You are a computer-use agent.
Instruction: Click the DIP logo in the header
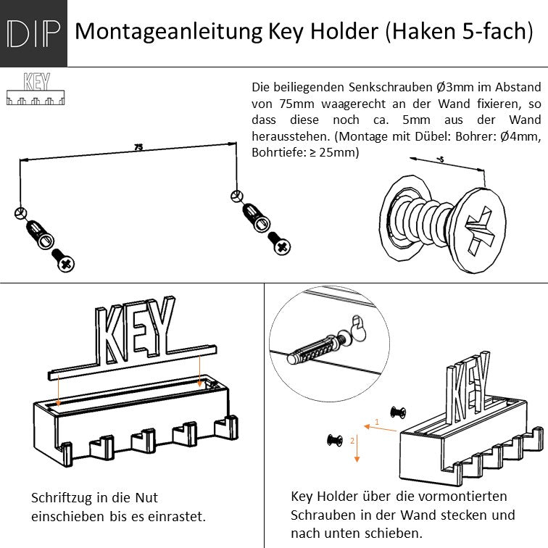click(x=33, y=33)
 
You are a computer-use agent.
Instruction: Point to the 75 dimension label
click(x=138, y=148)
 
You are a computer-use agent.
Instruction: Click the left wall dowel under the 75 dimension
click(x=37, y=232)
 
